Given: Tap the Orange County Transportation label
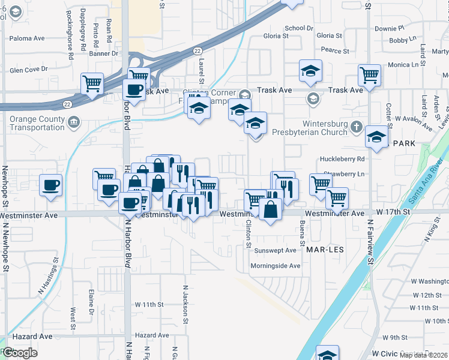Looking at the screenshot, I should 37,123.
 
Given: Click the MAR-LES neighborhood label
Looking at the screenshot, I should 324,248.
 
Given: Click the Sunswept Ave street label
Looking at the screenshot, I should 275,250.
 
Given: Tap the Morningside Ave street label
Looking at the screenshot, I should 275,266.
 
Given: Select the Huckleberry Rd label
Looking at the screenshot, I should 343,159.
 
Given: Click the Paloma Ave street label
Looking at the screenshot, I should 27,38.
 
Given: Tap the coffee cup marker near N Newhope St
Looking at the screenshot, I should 50,184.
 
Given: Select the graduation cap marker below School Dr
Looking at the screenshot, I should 310,71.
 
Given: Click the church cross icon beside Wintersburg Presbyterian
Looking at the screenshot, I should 357,127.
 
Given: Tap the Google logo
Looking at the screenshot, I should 19,353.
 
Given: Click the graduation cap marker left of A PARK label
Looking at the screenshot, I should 376,137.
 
